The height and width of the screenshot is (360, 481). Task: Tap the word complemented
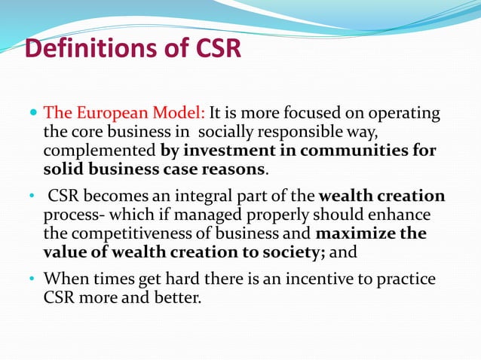click(x=100, y=150)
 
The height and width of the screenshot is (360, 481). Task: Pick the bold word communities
click(x=359, y=150)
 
